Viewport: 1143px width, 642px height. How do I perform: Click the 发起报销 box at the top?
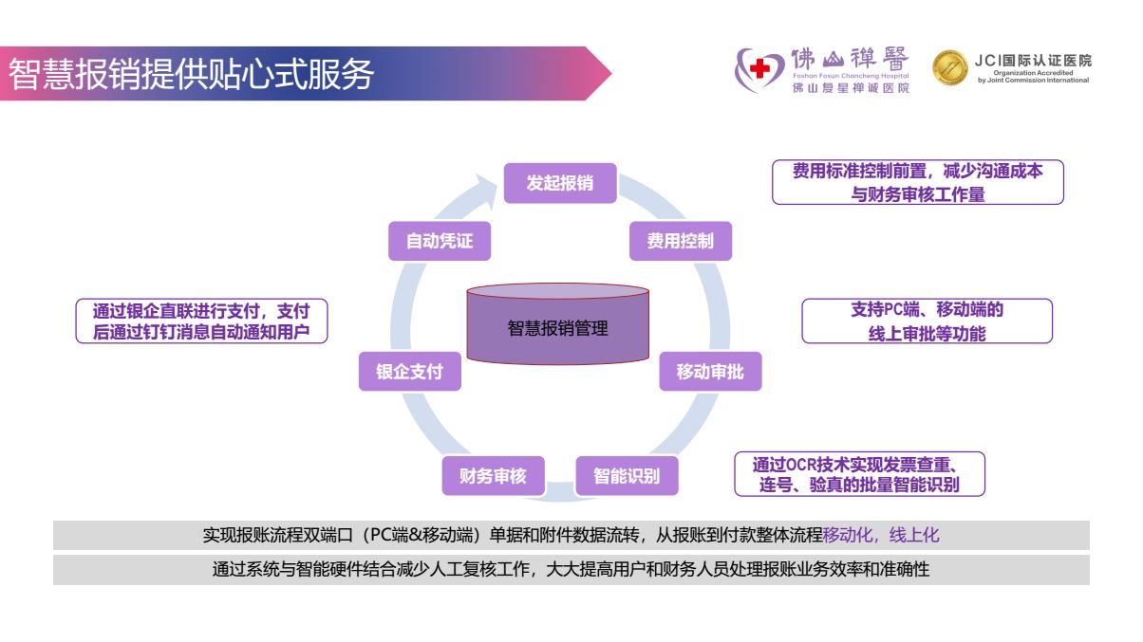tap(559, 183)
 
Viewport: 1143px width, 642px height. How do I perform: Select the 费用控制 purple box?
tap(680, 241)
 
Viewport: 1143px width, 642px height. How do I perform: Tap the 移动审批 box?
tap(710, 372)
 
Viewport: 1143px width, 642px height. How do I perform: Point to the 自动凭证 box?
tap(440, 241)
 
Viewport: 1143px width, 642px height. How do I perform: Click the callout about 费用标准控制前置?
tap(917, 182)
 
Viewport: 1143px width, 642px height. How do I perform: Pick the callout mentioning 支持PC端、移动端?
tap(927, 321)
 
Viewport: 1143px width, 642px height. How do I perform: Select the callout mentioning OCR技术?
tap(859, 473)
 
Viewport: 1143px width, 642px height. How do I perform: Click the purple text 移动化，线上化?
tap(881, 535)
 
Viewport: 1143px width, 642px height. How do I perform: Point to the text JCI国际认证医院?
tap(1032, 60)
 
